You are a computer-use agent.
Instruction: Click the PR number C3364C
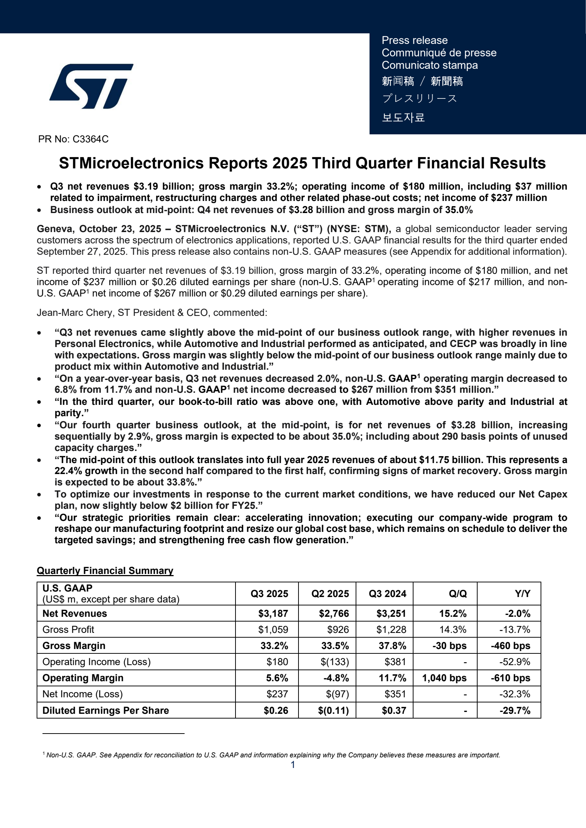[x=90, y=139]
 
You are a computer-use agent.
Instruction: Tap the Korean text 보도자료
[x=403, y=117]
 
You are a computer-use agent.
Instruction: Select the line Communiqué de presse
[x=439, y=53]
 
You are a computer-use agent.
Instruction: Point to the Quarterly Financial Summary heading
[x=105, y=571]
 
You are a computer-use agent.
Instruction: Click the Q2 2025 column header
[x=330, y=594]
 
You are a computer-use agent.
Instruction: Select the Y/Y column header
[x=522, y=594]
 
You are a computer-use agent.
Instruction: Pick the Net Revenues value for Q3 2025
[x=273, y=613]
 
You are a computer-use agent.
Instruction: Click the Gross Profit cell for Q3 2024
[x=391, y=630]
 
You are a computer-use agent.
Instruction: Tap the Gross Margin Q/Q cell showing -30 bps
[x=449, y=646]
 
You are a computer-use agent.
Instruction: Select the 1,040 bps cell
[x=444, y=678]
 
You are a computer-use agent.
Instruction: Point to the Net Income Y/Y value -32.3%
[x=515, y=694]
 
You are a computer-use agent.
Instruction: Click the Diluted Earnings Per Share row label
[x=105, y=710]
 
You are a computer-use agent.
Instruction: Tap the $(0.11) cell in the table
[x=333, y=710]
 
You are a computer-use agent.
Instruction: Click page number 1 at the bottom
[x=293, y=765]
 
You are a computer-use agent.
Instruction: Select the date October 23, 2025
[x=120, y=229]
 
